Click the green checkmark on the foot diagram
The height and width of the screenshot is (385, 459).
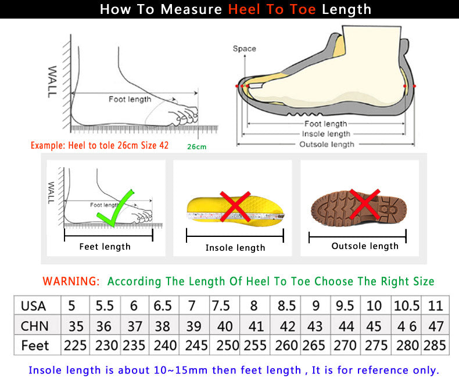(x=115, y=208)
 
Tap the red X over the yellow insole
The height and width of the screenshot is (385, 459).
(x=235, y=207)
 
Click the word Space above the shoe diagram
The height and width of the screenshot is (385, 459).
(x=244, y=49)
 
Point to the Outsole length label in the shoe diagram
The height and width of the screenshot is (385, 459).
(x=326, y=145)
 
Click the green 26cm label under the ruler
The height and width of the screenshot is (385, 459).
(x=196, y=147)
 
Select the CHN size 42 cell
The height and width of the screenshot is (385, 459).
(x=286, y=326)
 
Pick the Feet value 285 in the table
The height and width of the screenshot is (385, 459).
(x=435, y=346)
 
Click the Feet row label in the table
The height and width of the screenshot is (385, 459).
(x=35, y=346)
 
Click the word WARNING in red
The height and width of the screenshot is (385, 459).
(x=71, y=282)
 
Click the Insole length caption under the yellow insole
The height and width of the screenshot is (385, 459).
(x=235, y=248)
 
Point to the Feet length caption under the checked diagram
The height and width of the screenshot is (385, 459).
(x=105, y=247)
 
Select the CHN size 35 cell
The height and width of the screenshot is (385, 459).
(x=76, y=326)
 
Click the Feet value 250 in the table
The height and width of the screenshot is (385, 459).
(x=227, y=346)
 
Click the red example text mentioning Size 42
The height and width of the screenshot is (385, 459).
(x=99, y=145)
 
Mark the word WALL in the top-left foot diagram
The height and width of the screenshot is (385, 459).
(x=52, y=81)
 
